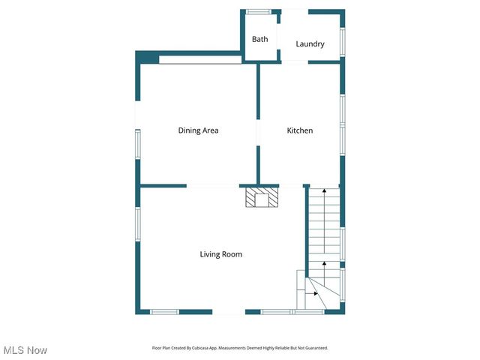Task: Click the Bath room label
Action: [259, 39]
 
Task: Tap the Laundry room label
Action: [310, 44]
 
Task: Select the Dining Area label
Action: [198, 130]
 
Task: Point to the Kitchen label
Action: [300, 130]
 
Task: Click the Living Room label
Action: [220, 254]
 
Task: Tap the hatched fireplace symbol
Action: [262, 198]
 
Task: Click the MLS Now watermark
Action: [25, 350]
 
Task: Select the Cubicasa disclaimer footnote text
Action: [240, 348]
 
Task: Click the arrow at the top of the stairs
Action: [324, 193]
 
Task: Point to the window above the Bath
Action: [259, 11]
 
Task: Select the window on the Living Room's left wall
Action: [137, 224]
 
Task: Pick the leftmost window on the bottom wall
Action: [163, 311]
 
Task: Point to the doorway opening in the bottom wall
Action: [228, 312]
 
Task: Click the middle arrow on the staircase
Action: [324, 263]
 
